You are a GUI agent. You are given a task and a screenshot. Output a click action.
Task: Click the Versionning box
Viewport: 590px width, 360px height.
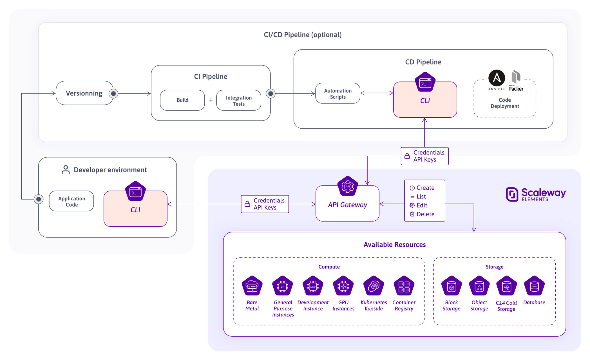pyautogui.click(x=84, y=93)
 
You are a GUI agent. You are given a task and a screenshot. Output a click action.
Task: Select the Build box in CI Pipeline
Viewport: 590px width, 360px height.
pyautogui.click(x=182, y=100)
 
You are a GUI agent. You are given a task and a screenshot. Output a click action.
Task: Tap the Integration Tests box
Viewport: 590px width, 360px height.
pyautogui.click(x=239, y=100)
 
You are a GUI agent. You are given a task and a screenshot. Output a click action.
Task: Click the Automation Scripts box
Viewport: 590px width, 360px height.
pyautogui.click(x=338, y=93)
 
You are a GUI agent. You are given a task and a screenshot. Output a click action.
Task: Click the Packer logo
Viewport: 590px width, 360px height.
pyautogui.click(x=516, y=80)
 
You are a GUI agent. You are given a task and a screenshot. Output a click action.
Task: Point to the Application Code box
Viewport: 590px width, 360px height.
pyautogui.click(x=71, y=201)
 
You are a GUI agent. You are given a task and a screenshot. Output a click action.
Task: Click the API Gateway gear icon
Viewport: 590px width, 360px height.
pyautogui.click(x=348, y=186)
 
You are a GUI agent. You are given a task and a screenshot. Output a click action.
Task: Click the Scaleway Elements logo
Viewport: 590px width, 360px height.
pyautogui.click(x=536, y=194)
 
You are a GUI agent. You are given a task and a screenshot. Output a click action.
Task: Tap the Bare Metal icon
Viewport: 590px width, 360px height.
pyautogui.click(x=252, y=286)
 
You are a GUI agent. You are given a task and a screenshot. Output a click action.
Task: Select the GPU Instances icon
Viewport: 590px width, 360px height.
pyautogui.click(x=343, y=286)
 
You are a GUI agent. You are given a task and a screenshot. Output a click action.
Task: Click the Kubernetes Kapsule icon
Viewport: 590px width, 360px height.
pyautogui.click(x=374, y=286)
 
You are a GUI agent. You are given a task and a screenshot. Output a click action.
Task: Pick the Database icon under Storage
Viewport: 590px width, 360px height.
pyautogui.click(x=534, y=286)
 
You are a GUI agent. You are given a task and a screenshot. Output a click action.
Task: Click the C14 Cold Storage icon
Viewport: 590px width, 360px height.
pyautogui.click(x=506, y=286)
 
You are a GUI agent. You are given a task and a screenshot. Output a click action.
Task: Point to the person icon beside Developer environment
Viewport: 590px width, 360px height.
pyautogui.click(x=66, y=169)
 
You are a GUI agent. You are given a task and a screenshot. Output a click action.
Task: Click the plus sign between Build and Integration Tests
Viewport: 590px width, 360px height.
pyautogui.click(x=211, y=100)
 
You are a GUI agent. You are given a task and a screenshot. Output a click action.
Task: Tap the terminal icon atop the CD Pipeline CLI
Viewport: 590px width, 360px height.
pyautogui.click(x=425, y=82)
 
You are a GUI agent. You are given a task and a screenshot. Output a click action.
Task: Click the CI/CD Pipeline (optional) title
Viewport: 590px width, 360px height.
pyautogui.click(x=303, y=35)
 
